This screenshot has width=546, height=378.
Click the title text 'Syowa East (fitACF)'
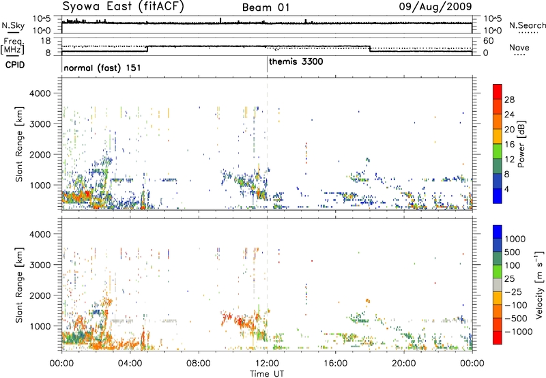[124, 6]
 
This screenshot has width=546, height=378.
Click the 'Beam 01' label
[265, 8]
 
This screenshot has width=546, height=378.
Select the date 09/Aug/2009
[435, 6]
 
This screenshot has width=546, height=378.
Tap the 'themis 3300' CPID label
[296, 62]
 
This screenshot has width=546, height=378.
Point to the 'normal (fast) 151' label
[102, 68]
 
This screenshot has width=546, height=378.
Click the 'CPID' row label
[15, 65]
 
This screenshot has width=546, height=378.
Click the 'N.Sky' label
[13, 25]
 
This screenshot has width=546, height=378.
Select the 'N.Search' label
[527, 25]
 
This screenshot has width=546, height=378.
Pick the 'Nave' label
[519, 48]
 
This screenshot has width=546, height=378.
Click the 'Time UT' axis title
[267, 374]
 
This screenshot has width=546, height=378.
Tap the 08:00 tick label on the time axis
[199, 364]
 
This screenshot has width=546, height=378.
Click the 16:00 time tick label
[335, 364]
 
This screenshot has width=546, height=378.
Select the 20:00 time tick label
[404, 364]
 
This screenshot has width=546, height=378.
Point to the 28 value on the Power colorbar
[509, 100]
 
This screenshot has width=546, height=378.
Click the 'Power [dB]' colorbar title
[521, 144]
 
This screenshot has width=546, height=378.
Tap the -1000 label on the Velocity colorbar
[519, 332]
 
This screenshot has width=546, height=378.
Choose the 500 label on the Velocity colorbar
[513, 252]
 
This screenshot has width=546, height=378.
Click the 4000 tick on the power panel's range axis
[40, 93]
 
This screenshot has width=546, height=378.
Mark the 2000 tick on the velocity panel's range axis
[40, 295]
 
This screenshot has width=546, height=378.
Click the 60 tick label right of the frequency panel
[489, 41]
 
